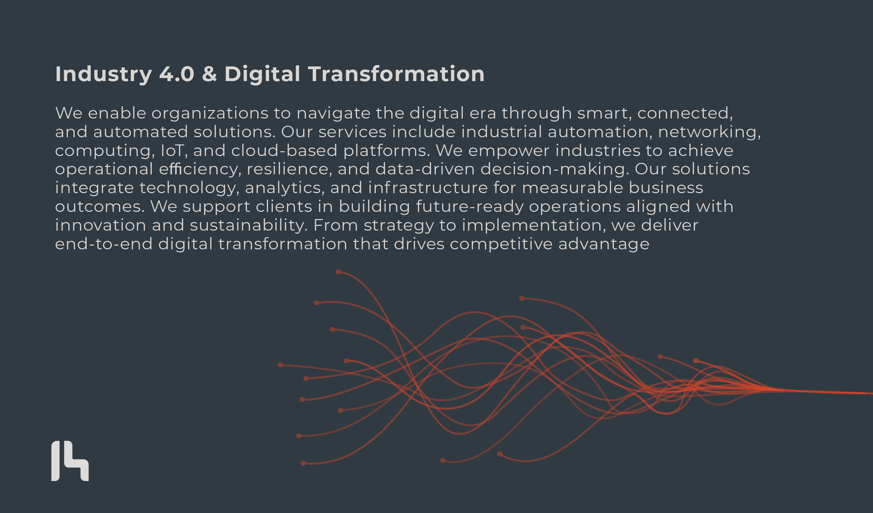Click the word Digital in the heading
coord(262,74)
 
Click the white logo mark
coord(70,461)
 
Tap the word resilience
coord(287,170)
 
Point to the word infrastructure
coord(428,188)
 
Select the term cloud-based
coord(284,151)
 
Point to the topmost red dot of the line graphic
coord(339,272)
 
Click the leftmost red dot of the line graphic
coord(280,365)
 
